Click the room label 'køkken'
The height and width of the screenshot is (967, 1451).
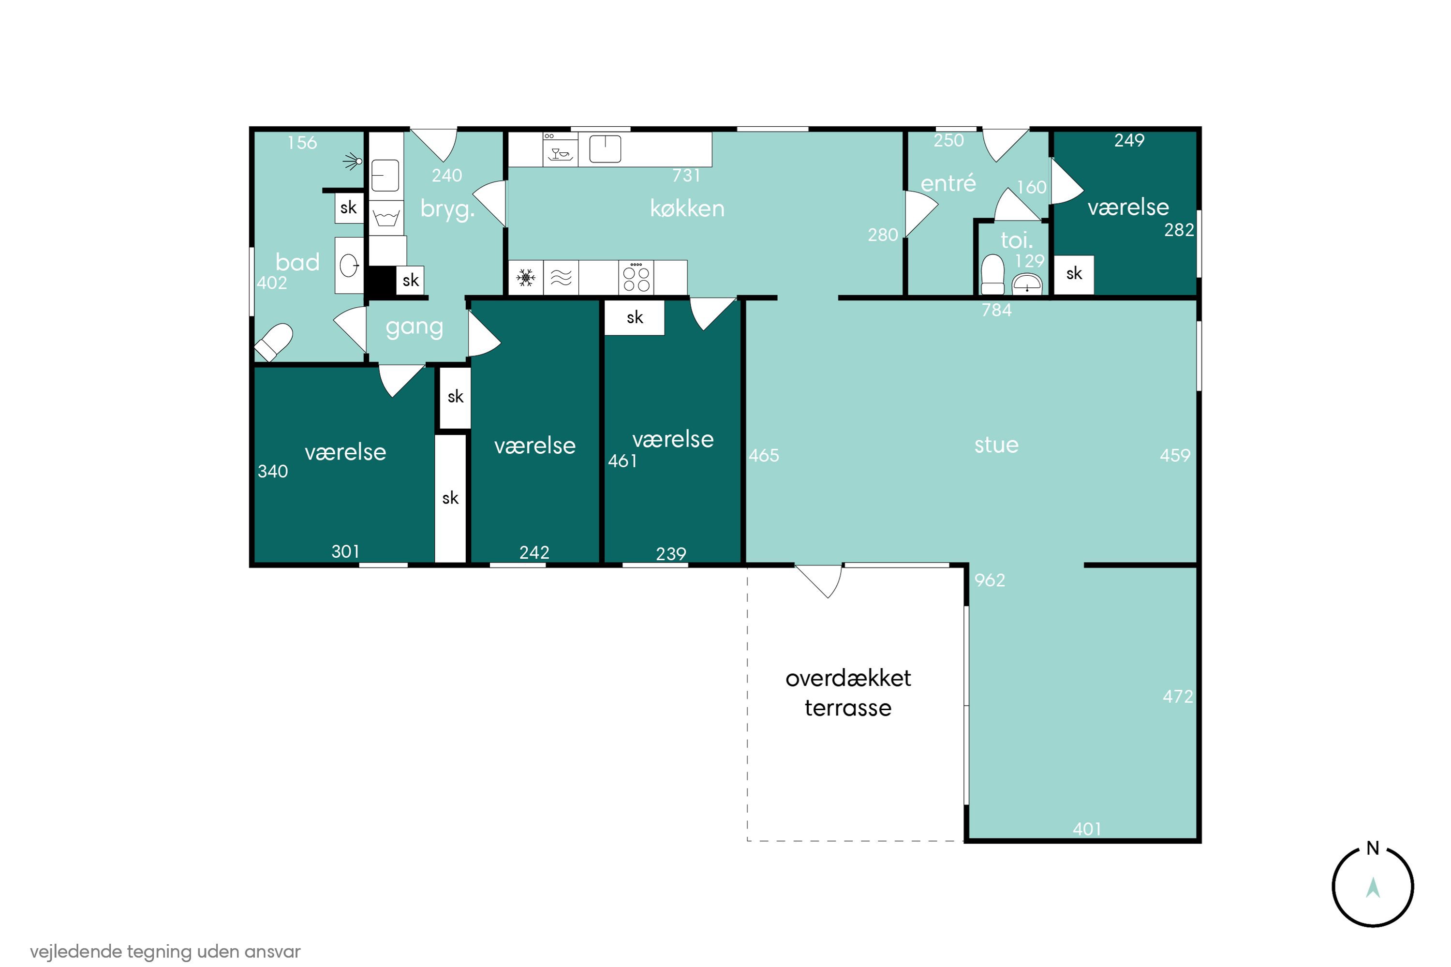[687, 208]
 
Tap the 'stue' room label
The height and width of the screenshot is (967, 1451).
[996, 445]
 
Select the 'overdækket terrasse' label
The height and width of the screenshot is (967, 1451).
[848, 693]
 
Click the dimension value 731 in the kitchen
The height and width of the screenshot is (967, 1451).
[686, 175]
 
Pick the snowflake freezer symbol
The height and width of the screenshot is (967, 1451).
[525, 278]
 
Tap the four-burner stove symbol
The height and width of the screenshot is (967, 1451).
[636, 278]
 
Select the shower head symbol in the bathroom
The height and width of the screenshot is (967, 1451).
[354, 161]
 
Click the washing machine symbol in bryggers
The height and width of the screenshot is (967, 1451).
[386, 217]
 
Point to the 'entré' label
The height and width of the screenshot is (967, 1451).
[948, 183]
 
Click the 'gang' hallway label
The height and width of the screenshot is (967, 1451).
[415, 327]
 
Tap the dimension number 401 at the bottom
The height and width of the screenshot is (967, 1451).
[1086, 829]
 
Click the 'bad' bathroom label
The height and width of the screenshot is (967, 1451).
[297, 262]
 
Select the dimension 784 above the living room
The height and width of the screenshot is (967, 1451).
[996, 310]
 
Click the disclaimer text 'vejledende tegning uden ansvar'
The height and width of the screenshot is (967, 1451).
[165, 951]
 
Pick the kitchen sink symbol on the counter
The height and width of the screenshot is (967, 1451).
[605, 149]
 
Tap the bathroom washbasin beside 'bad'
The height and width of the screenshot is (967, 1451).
[349, 266]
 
